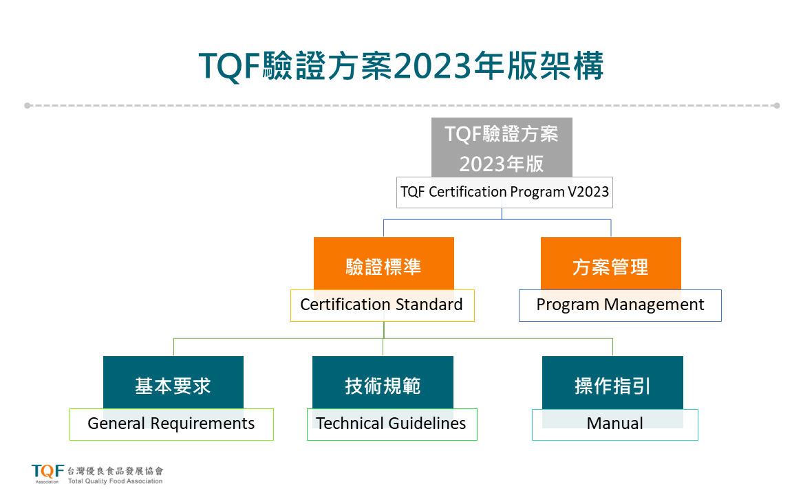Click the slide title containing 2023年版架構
pos(401,66)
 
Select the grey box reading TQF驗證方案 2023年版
pos(502,148)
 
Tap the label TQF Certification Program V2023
pos(504,192)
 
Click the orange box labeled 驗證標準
pos(383,263)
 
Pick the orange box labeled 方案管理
pos(611,263)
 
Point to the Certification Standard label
pos(382,305)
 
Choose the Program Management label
pos(620,305)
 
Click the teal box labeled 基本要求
pos(173,382)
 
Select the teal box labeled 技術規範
pos(383,382)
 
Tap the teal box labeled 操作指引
pos(612,382)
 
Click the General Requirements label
pos(171,424)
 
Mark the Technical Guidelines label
pos(392,424)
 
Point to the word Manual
pos(614,423)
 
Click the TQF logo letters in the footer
pos(47,471)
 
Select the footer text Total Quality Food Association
pos(115,481)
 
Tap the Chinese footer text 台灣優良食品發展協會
pos(115,471)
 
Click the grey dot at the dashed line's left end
pos(27,105)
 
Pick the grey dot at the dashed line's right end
pos(777,105)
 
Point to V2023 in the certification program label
pos(588,192)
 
